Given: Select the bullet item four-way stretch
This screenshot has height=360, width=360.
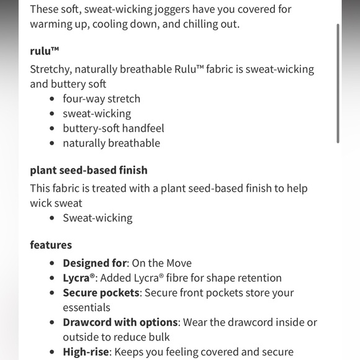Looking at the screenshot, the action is pyautogui.click(x=101, y=99).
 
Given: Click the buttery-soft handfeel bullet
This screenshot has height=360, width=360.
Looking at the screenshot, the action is pyautogui.click(x=113, y=128).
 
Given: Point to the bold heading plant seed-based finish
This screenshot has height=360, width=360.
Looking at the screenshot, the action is pyautogui.click(x=89, y=170).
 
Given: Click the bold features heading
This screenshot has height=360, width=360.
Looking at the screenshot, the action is pyautogui.click(x=51, y=245).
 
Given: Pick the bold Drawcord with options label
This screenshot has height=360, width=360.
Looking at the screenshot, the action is pyautogui.click(x=120, y=323).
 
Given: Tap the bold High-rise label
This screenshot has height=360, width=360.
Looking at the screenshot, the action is pyautogui.click(x=87, y=352).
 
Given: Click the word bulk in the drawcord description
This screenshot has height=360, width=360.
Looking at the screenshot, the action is pyautogui.click(x=157, y=338).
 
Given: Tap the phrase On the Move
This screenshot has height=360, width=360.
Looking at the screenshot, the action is pyautogui.click(x=161, y=263).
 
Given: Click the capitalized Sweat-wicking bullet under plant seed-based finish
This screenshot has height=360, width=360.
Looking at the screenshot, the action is pyautogui.click(x=97, y=218).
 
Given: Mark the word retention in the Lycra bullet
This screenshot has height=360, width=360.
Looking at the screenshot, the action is pyautogui.click(x=258, y=278).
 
